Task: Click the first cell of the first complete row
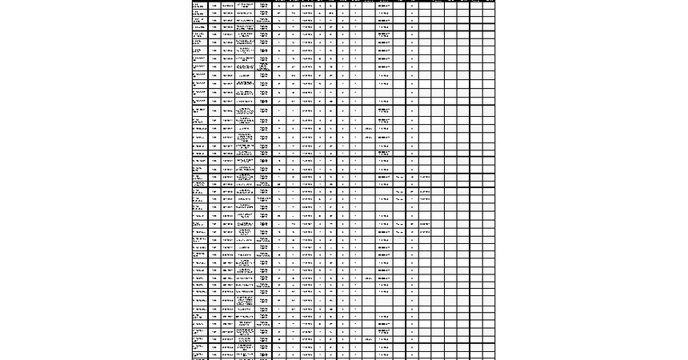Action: click(199, 14)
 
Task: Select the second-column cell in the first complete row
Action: click(214, 14)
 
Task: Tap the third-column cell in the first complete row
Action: click(228, 14)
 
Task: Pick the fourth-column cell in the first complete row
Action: click(246, 14)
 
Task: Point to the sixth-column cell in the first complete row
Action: click(279, 14)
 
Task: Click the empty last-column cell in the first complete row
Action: click(488, 14)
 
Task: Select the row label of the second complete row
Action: click(199, 24)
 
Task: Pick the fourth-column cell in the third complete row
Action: click(246, 35)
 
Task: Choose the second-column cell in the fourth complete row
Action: click(214, 46)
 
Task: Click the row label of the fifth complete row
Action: click(199, 58)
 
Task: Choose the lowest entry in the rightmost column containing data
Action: click(426, 232)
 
